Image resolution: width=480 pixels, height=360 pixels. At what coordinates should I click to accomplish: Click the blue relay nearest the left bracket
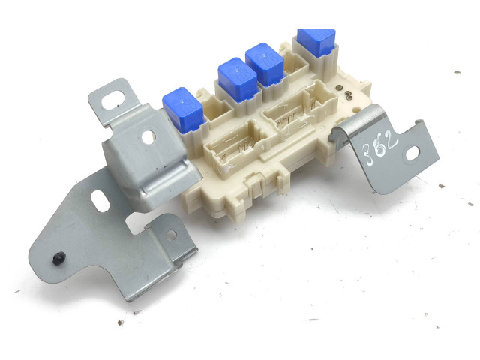point(183,109)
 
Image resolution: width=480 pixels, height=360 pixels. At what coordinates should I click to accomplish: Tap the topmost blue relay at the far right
point(316,42)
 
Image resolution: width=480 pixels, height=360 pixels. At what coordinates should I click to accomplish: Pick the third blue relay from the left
point(265,64)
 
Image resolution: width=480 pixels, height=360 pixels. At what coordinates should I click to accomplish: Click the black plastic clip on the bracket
point(58,258)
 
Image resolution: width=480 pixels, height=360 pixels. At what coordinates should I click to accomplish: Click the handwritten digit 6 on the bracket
point(380,148)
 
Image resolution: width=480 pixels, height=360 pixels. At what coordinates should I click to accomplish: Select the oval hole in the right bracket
point(412,153)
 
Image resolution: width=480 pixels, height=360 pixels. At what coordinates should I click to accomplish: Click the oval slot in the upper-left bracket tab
point(113,98)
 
